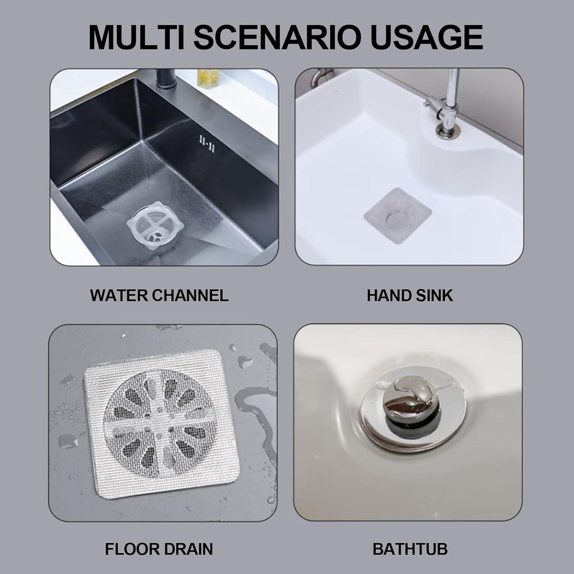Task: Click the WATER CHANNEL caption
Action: pos(159,296)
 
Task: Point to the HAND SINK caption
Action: pos(410,296)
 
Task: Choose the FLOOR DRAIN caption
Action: pos(159,549)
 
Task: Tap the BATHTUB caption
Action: pos(410,549)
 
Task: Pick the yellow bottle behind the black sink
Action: pos(208,78)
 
